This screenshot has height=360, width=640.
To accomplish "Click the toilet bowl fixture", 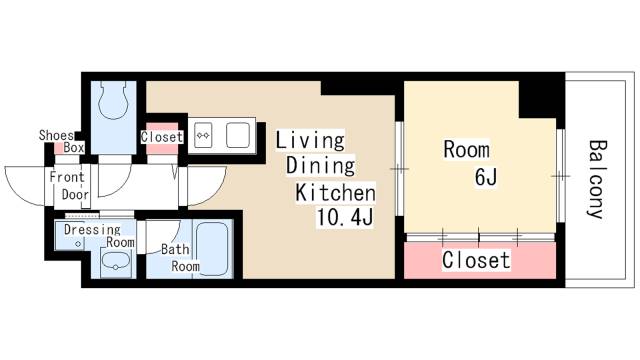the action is pos(114,100).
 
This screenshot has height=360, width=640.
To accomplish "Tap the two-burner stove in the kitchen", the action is pos(203,135).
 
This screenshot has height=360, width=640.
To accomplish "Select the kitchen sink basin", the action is pos(238,135).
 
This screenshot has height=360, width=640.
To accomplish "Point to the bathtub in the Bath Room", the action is pos(211,249).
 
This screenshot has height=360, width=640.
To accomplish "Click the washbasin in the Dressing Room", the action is pos(116,262).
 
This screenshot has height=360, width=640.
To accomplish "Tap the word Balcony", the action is pos(596,180).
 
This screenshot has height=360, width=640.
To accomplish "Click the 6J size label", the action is pos(486,177).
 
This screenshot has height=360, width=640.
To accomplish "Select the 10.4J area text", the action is pos(344,219).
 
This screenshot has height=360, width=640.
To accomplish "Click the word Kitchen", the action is pos(335,193).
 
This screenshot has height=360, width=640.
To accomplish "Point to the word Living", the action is pos(310,140).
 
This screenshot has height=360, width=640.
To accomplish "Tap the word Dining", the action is pos(320,166).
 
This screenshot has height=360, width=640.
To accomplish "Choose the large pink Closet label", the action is pos(476,260).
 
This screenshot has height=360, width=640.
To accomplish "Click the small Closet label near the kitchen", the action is pos(162,137).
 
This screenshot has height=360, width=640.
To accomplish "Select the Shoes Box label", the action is pos(62,141).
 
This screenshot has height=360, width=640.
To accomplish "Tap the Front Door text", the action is pos(69,186).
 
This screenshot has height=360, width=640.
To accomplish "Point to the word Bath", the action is pos(175,249).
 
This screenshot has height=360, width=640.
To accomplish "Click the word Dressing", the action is pos(92,230).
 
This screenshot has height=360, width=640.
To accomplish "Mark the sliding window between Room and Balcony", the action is pos(560,176).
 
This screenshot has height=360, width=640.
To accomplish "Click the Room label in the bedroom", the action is pos(467,149).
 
